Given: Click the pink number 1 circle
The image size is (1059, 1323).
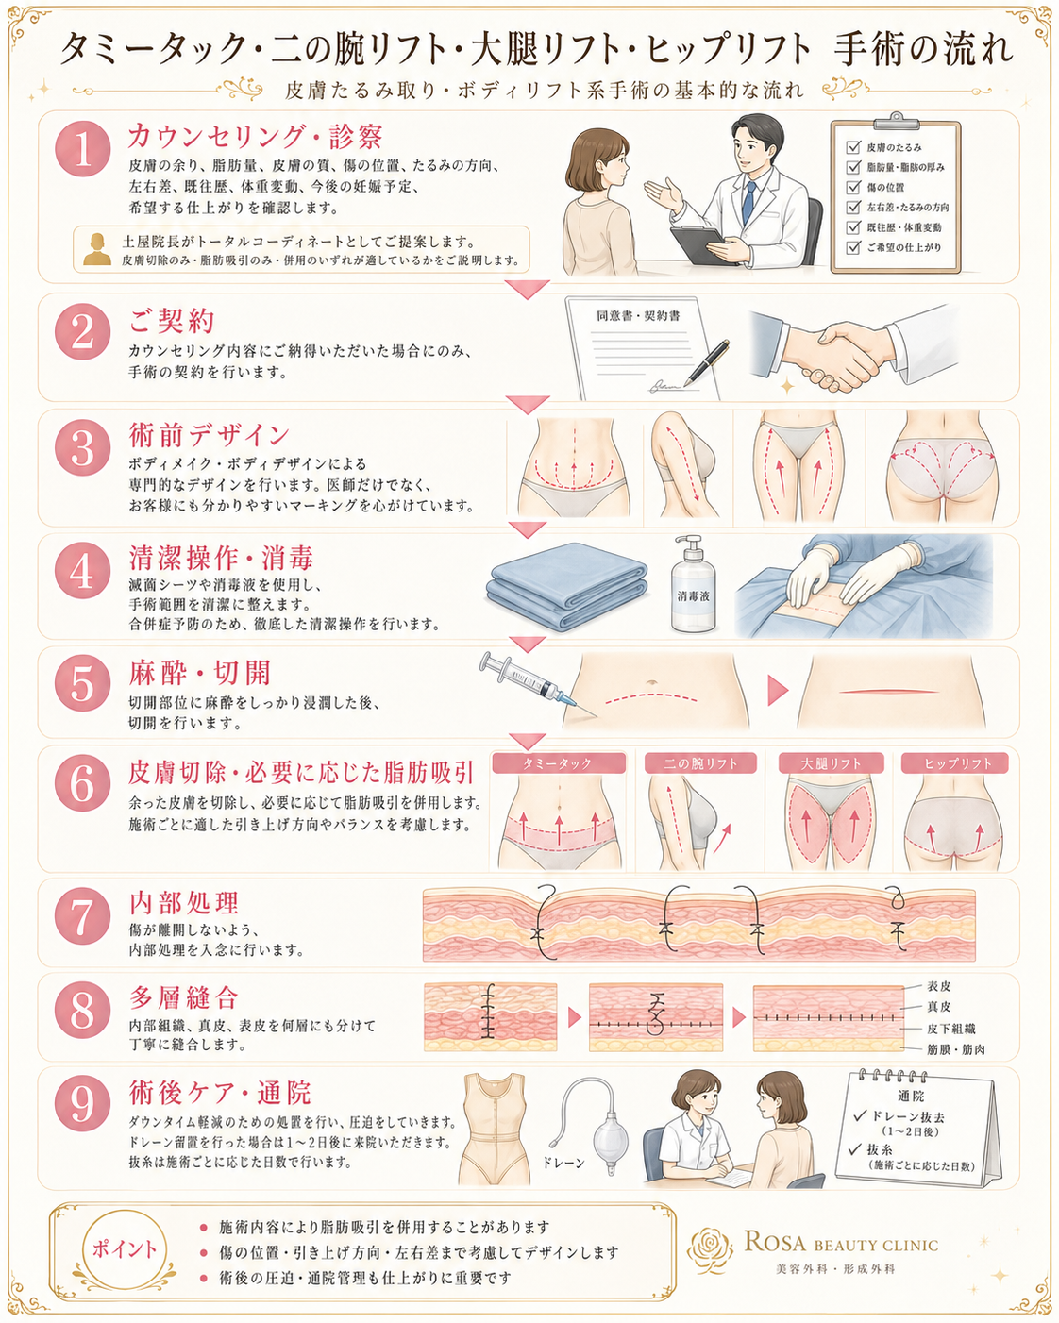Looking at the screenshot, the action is point(82,149).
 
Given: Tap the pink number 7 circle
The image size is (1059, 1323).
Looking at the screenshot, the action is point(82,916).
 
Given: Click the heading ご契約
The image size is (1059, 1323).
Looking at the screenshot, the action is point(172,320).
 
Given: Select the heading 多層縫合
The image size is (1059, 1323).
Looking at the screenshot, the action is point(183,997).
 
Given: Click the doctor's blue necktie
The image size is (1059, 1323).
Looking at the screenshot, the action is point(748,202).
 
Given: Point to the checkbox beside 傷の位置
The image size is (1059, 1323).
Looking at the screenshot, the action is point(853,187).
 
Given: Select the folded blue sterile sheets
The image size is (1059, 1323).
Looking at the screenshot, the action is point(566,586).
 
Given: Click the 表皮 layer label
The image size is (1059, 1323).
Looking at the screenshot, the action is point(938,986).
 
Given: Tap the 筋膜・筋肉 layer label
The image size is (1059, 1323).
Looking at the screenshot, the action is point(956,1049).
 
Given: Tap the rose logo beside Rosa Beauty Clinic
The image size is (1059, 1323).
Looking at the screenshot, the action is point(710,1249).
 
